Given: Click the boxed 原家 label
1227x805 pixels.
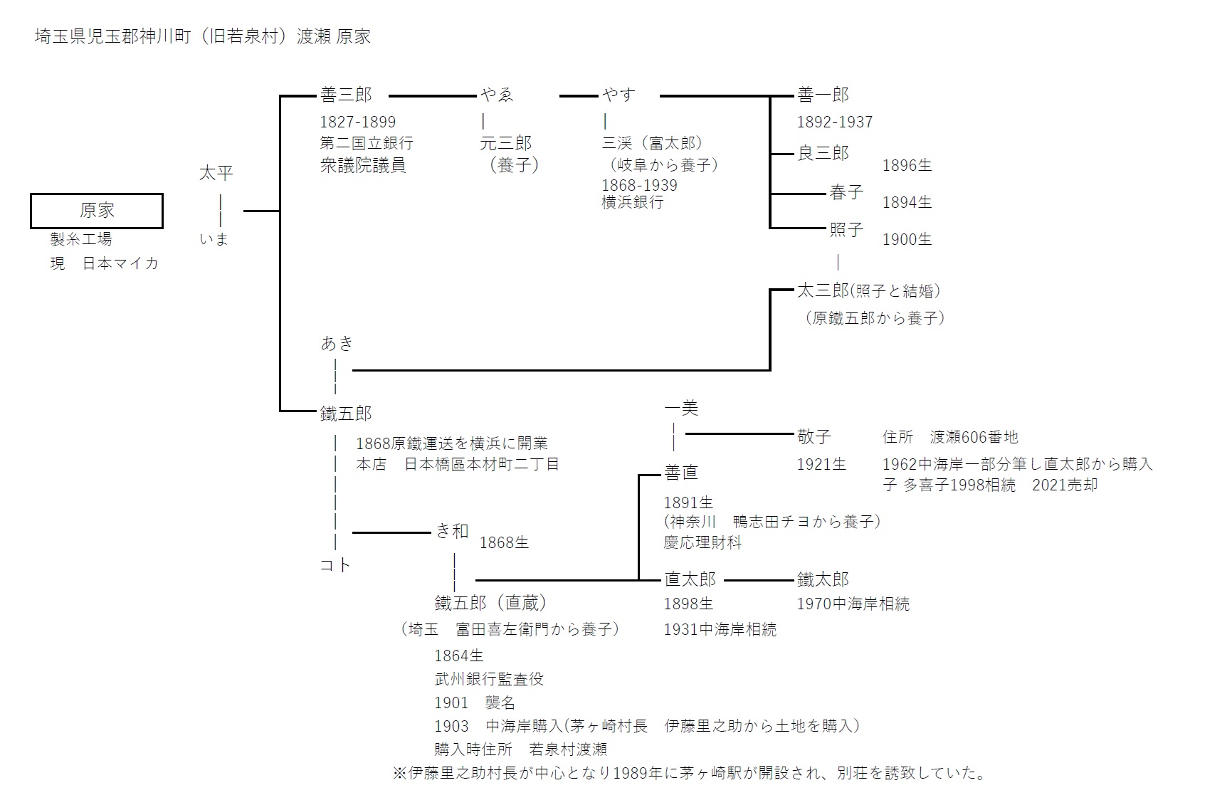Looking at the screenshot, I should coord(97,211).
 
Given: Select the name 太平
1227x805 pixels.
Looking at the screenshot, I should coord(216,173).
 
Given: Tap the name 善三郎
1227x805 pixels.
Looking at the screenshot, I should coord(346,95).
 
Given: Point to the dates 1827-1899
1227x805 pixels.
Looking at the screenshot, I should coord(357,122).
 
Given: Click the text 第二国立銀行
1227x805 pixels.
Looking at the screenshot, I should coord(366,143).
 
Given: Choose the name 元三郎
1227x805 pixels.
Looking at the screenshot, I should coord(505,143).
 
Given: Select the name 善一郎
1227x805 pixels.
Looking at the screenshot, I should coord(823,95).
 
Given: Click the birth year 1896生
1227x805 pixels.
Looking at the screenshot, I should coord(907,165).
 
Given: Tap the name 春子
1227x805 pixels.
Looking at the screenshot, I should coord(846,192).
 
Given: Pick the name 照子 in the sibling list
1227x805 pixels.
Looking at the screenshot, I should coord(846,229).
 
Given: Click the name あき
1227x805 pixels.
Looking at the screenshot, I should coord(337,344).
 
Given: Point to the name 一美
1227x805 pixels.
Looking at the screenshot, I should coord(681,408).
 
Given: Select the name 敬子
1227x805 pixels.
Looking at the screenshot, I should coord(814,436).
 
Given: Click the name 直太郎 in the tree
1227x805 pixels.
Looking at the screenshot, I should coord(690,579).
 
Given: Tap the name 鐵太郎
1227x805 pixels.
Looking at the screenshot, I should coord(823,579).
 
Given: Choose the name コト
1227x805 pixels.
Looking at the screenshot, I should coord(335,565).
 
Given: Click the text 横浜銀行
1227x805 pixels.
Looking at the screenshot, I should coord(632,202).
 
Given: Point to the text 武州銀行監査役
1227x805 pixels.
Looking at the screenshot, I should coord(489,678).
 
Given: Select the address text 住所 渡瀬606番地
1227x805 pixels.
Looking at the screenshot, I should coord(950,436).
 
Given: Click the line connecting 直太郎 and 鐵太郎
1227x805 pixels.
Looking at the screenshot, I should coord(758,580).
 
